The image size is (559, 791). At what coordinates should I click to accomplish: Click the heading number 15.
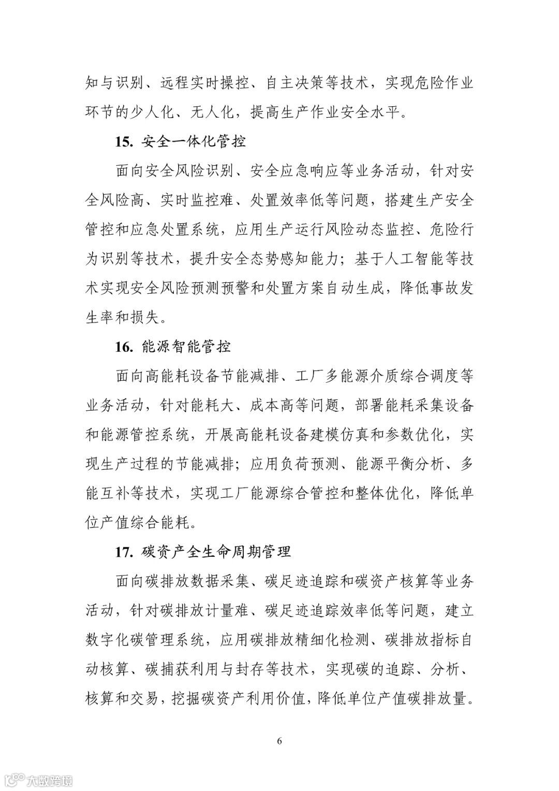pos(124,141)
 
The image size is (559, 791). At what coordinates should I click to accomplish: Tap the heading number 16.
pos(124,347)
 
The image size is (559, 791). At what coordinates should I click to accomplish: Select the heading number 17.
pos(124,552)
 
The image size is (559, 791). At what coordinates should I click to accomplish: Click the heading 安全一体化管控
pos(194,141)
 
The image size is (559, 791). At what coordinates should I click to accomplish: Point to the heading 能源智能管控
pos(186,347)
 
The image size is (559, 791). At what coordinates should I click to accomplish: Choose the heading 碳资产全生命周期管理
pos(216,552)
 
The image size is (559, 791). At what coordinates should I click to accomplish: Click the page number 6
pos(279,740)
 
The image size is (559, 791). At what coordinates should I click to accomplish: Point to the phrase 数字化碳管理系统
pos(145,640)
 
